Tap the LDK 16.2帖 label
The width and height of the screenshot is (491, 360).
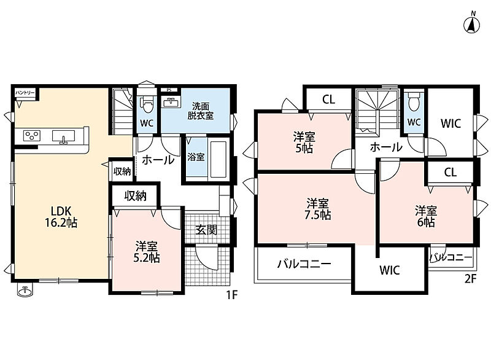tap(61, 216)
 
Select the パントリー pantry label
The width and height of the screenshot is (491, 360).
tap(25, 93)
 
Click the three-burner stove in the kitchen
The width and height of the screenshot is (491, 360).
tap(32, 136)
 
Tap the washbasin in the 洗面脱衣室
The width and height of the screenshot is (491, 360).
tap(171, 103)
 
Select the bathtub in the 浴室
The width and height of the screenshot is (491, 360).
tap(218, 160)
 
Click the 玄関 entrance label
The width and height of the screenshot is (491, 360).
tap(206, 230)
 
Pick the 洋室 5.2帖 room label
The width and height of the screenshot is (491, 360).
tap(147, 252)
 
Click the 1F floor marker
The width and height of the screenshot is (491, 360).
tap(232, 295)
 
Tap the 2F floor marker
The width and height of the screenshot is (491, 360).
tap(470, 278)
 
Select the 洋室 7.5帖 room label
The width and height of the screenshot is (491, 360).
tap(318, 209)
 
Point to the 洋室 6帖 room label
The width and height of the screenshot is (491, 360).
tap(426, 216)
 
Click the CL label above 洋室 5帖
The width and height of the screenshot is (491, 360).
tap(328, 100)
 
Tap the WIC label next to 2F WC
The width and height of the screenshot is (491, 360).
tap(450, 123)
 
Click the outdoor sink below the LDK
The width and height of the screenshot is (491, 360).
tap(25, 291)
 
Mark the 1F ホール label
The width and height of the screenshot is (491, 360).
tap(158, 160)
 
